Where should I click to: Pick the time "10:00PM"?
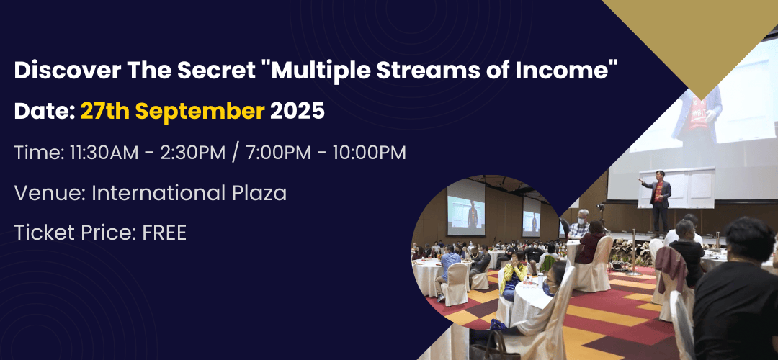pos(369,153)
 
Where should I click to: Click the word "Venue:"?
pos(50,193)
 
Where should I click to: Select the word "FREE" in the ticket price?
pos(164,233)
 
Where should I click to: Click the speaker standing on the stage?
pos(657,201)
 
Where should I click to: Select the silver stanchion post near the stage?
pos(634,252)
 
